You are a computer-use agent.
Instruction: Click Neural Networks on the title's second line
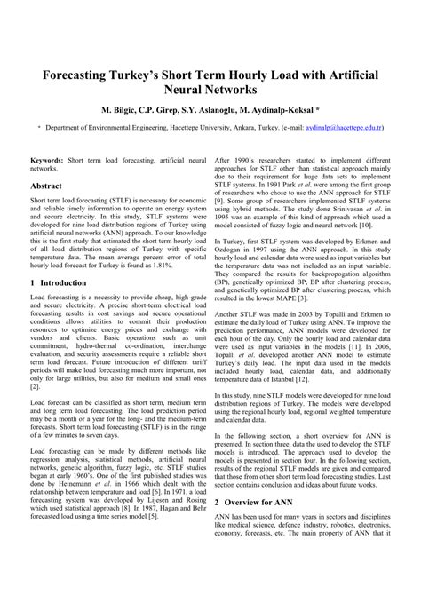[x=210, y=90]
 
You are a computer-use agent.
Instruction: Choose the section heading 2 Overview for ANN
[x=258, y=527]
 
